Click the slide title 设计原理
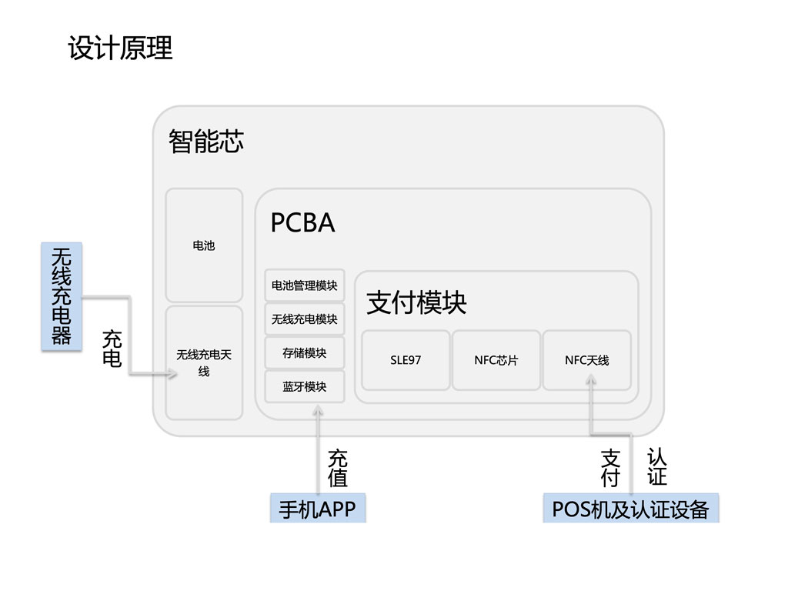[120, 48]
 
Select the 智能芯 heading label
[205, 142]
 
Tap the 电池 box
[204, 245]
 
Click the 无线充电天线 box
[204, 362]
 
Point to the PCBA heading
[302, 223]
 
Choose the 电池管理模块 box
[305, 285]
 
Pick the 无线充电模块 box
[305, 319]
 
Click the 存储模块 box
[305, 352]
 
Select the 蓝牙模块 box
[305, 386]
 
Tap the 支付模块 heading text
[416, 302]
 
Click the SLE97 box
[406, 360]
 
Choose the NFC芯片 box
[496, 360]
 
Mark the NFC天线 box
[587, 360]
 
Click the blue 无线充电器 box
[61, 296]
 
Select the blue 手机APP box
[317, 509]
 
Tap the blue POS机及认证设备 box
[630, 509]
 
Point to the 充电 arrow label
[112, 349]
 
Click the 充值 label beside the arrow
[338, 469]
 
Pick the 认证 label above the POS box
[656, 467]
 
